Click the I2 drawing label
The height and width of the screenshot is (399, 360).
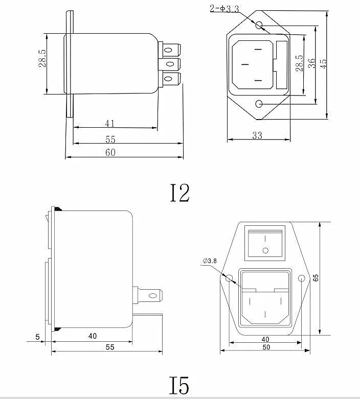click(179, 193)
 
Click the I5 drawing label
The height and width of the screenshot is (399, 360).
click(179, 385)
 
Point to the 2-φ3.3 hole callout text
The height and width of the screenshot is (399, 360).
click(224, 9)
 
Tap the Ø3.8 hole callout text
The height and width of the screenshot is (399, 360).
click(210, 261)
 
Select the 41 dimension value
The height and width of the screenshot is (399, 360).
click(110, 124)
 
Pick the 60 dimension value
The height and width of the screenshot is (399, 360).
click(110, 152)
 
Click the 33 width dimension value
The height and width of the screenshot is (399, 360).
click(257, 135)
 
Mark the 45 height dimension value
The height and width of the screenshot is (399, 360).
click(323, 63)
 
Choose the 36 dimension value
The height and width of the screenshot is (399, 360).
click(311, 63)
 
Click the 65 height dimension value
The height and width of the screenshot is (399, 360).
click(316, 277)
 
